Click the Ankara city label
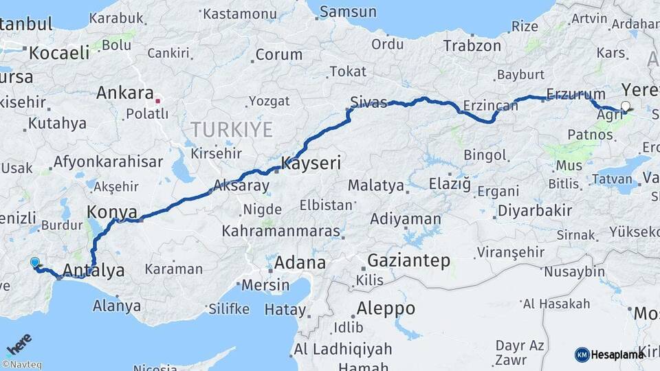pos(124,93)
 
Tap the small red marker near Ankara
pos(158,101)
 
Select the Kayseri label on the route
pos(311,164)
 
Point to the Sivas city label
pos(368,102)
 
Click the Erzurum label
pos(575,94)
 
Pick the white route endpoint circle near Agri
pos(625,106)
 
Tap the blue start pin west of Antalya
pos(35,262)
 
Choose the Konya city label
pos(112,211)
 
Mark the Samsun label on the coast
pos(349,12)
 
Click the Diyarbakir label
pos(534,210)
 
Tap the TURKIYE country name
pos(232,128)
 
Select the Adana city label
pos(300,262)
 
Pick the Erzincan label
pos(489,105)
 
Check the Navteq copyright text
pos(21,365)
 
